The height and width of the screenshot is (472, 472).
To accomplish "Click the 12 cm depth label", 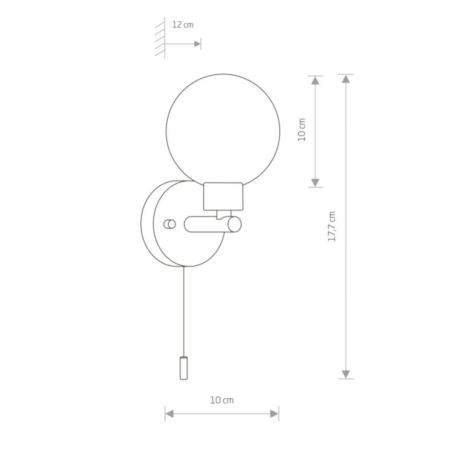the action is (183, 25).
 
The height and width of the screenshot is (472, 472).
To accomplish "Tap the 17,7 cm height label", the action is (332, 226).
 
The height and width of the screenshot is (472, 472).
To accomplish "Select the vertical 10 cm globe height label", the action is (302, 130).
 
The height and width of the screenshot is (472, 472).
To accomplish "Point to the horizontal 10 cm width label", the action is (222, 400).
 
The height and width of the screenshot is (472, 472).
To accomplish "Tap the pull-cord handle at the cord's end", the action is (184, 368).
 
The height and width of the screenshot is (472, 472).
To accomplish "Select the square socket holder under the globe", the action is (223, 196).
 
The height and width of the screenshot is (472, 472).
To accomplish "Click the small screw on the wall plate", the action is (169, 224).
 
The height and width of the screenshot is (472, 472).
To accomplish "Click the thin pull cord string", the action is (184, 311).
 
